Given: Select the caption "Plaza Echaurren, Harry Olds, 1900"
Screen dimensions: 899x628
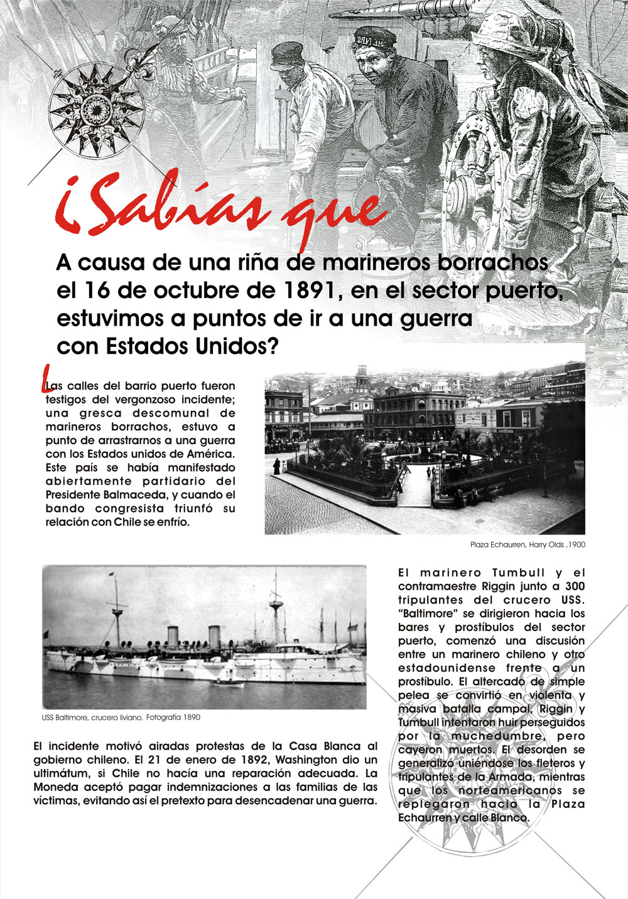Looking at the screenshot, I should pos(527,545).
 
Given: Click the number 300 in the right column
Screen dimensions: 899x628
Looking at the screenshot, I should pos(573,587).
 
